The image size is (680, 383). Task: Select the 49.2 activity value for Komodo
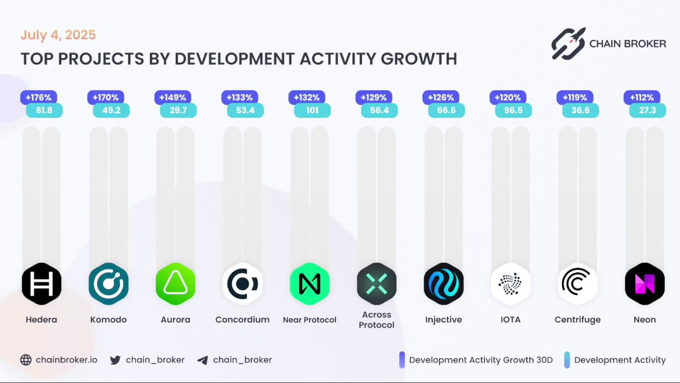[112, 110]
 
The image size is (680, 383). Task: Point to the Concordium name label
[243, 319]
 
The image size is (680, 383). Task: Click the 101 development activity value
[312, 110]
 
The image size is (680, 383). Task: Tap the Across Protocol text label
[376, 319]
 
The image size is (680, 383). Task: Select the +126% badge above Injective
[439, 98]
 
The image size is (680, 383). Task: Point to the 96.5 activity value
[513, 110]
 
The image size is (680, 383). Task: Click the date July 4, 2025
[58, 35]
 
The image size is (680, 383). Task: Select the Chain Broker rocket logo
[568, 44]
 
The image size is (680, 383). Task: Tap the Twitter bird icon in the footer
[116, 360]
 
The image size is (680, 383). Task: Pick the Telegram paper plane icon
[203, 360]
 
